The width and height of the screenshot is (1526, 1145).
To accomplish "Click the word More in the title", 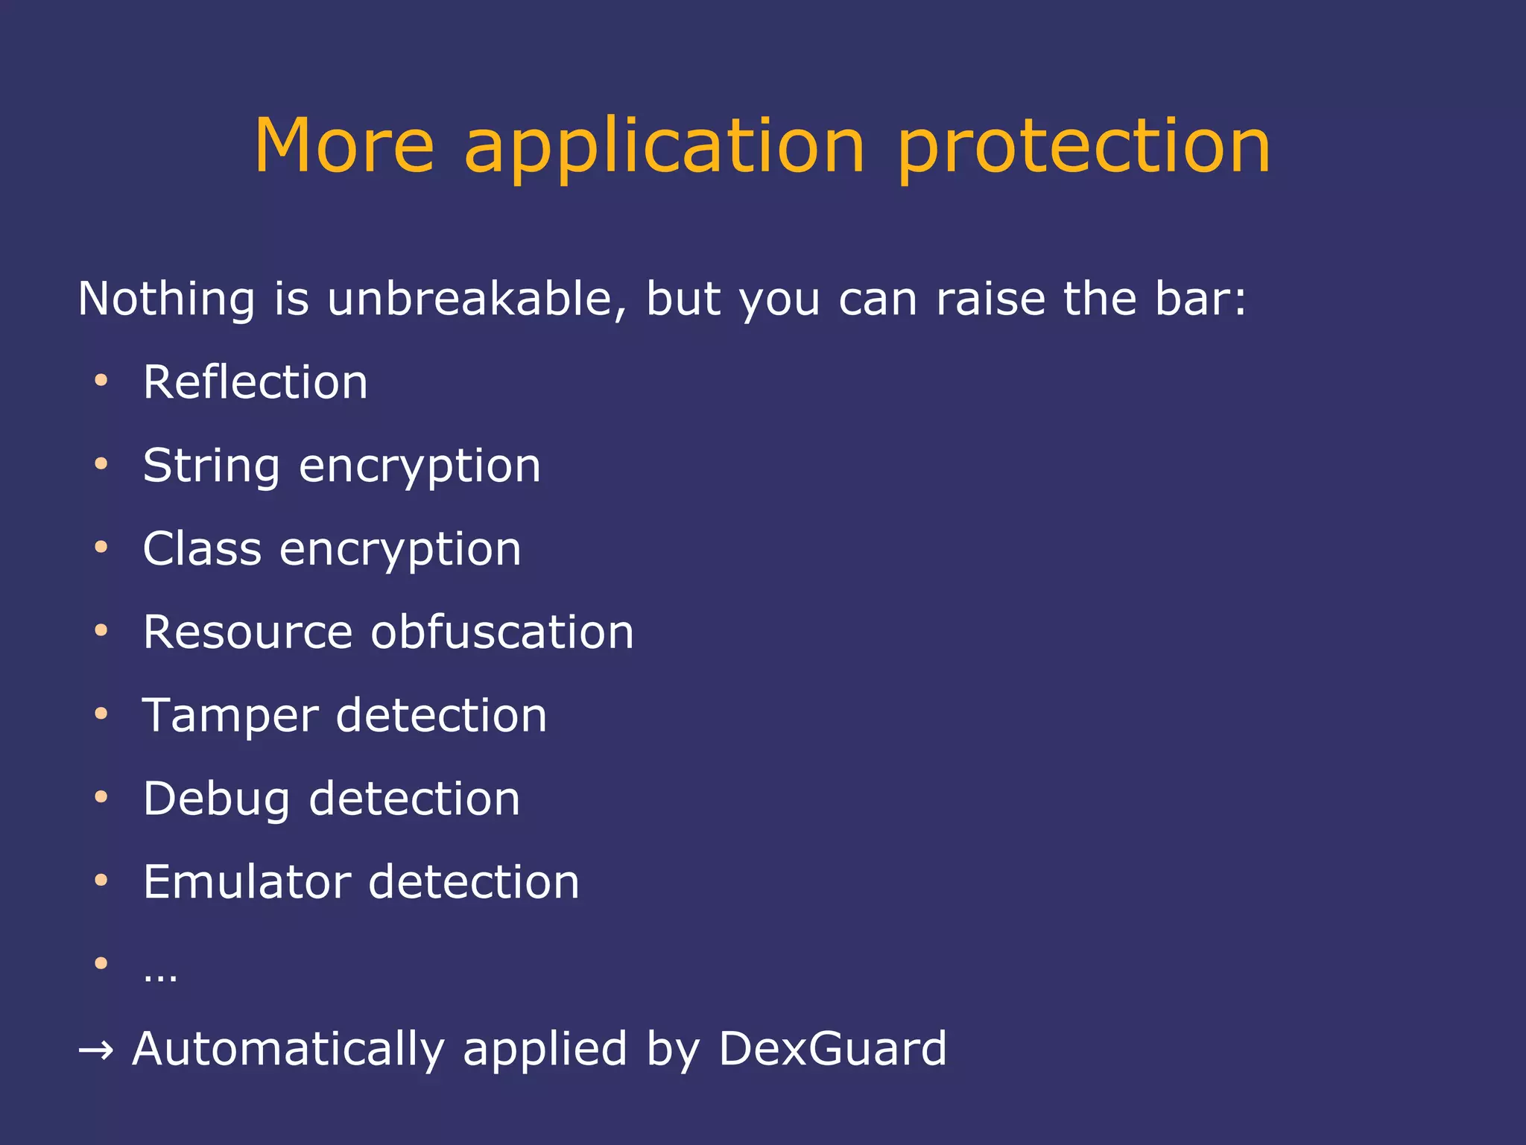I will click(x=343, y=147).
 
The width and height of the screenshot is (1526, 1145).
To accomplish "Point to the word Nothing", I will click(x=166, y=300).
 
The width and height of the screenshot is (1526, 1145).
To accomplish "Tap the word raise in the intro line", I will click(x=990, y=299).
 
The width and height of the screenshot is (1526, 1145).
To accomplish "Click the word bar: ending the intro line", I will click(x=1200, y=299).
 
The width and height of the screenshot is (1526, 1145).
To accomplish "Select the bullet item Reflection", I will click(x=256, y=382).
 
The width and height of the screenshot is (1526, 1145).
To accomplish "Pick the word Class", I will click(x=202, y=549).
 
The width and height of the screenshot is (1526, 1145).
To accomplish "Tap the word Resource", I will click(x=247, y=632).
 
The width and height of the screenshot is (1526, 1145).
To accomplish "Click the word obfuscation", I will click(x=502, y=632).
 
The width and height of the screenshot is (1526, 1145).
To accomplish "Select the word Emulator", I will click(x=247, y=882).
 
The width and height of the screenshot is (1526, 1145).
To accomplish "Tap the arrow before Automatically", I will click(x=96, y=1051).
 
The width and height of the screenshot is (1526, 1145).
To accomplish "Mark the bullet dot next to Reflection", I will click(x=101, y=381).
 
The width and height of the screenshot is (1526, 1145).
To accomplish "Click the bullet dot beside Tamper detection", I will click(x=101, y=714).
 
